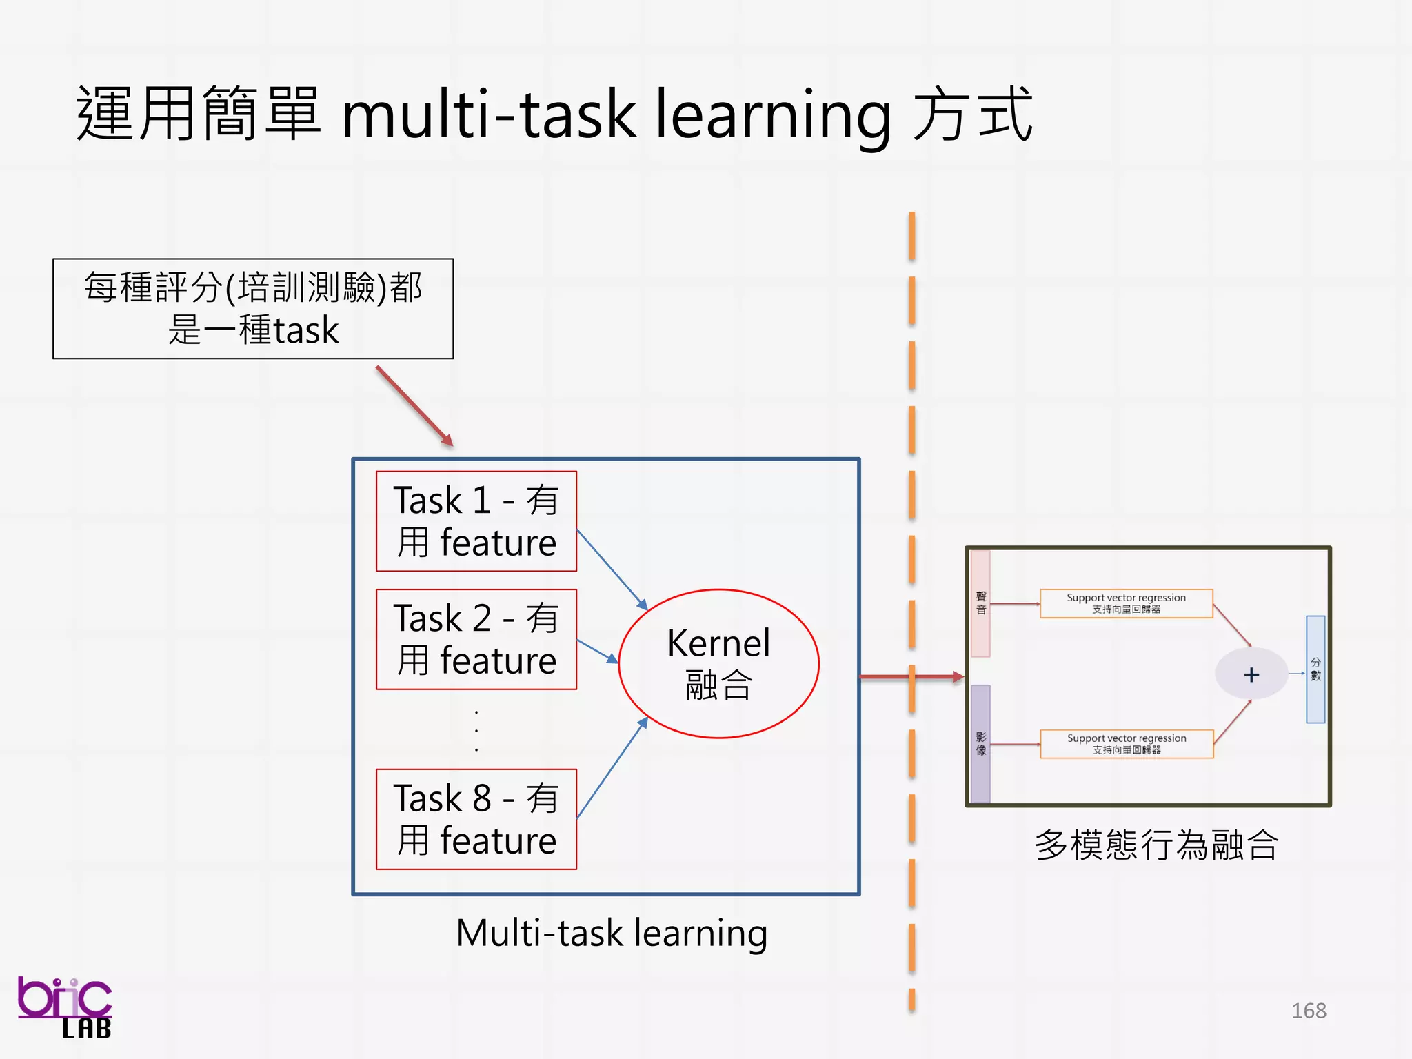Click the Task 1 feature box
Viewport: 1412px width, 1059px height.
[476, 521]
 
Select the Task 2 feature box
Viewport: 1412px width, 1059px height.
[476, 639]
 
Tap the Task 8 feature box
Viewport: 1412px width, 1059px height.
[476, 819]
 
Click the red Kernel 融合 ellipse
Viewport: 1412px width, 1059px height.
[718, 663]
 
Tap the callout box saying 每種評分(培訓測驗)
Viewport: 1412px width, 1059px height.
[253, 308]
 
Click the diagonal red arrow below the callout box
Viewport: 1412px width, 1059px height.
[414, 406]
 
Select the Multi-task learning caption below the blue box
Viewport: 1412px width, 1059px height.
[612, 933]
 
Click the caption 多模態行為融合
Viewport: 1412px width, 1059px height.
[1156, 845]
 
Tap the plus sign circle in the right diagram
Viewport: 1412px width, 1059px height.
[1251, 674]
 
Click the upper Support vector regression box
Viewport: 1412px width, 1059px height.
[1126, 603]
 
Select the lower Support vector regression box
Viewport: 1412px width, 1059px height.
[1127, 744]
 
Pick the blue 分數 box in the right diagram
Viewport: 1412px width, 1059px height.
[1315, 669]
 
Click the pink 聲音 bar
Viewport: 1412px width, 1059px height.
[980, 603]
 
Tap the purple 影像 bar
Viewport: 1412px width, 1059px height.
[980, 743]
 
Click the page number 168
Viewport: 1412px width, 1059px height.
[1309, 1011]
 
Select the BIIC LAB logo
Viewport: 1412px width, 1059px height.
[65, 1007]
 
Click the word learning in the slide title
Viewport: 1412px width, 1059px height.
[772, 115]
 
